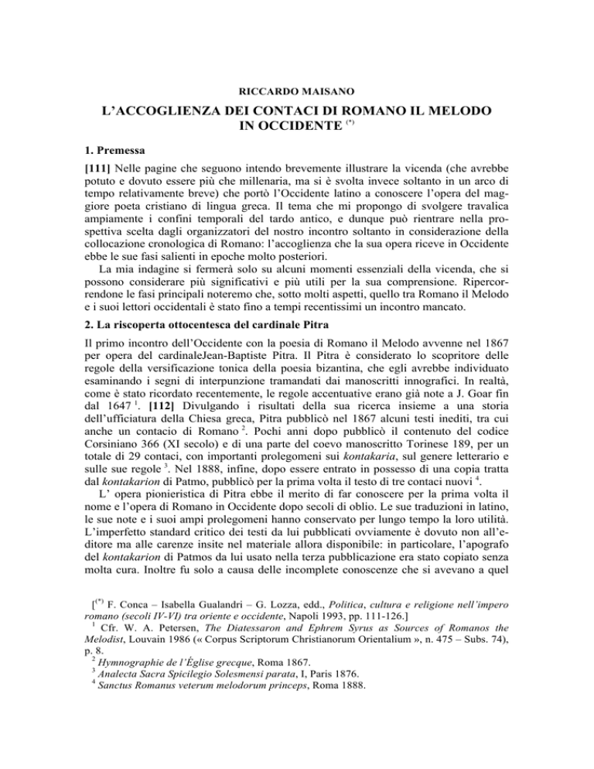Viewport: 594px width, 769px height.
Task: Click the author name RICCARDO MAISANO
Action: pyautogui.click(x=297, y=79)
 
